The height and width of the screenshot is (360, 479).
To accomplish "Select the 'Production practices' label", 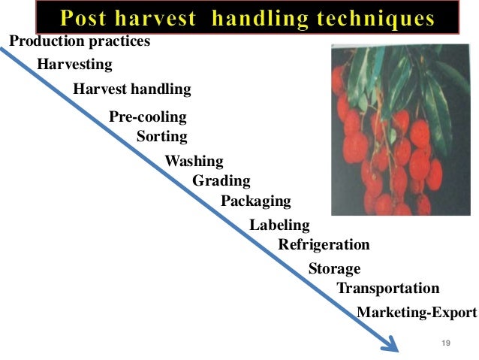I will click(x=79, y=41).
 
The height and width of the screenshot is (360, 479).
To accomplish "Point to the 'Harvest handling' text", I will click(x=132, y=89).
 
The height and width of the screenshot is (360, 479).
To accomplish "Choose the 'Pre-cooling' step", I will click(x=148, y=116).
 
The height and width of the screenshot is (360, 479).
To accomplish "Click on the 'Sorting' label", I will click(x=162, y=137).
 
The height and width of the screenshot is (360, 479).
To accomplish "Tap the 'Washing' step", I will click(x=194, y=161).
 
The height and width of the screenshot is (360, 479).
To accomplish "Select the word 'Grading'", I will click(x=221, y=180).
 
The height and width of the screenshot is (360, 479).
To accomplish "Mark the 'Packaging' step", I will click(x=255, y=201).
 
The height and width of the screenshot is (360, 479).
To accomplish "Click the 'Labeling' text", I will click(x=279, y=225).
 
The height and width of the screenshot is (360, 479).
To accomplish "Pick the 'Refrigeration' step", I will click(x=324, y=244).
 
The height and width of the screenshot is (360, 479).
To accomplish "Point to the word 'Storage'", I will click(x=334, y=268).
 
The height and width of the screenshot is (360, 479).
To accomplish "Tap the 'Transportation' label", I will click(x=387, y=289).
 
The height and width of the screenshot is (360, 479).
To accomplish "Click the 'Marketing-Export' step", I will click(x=416, y=313).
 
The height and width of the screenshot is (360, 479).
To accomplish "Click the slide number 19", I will click(x=445, y=343).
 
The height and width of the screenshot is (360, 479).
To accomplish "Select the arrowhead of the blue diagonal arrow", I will click(x=390, y=345).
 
